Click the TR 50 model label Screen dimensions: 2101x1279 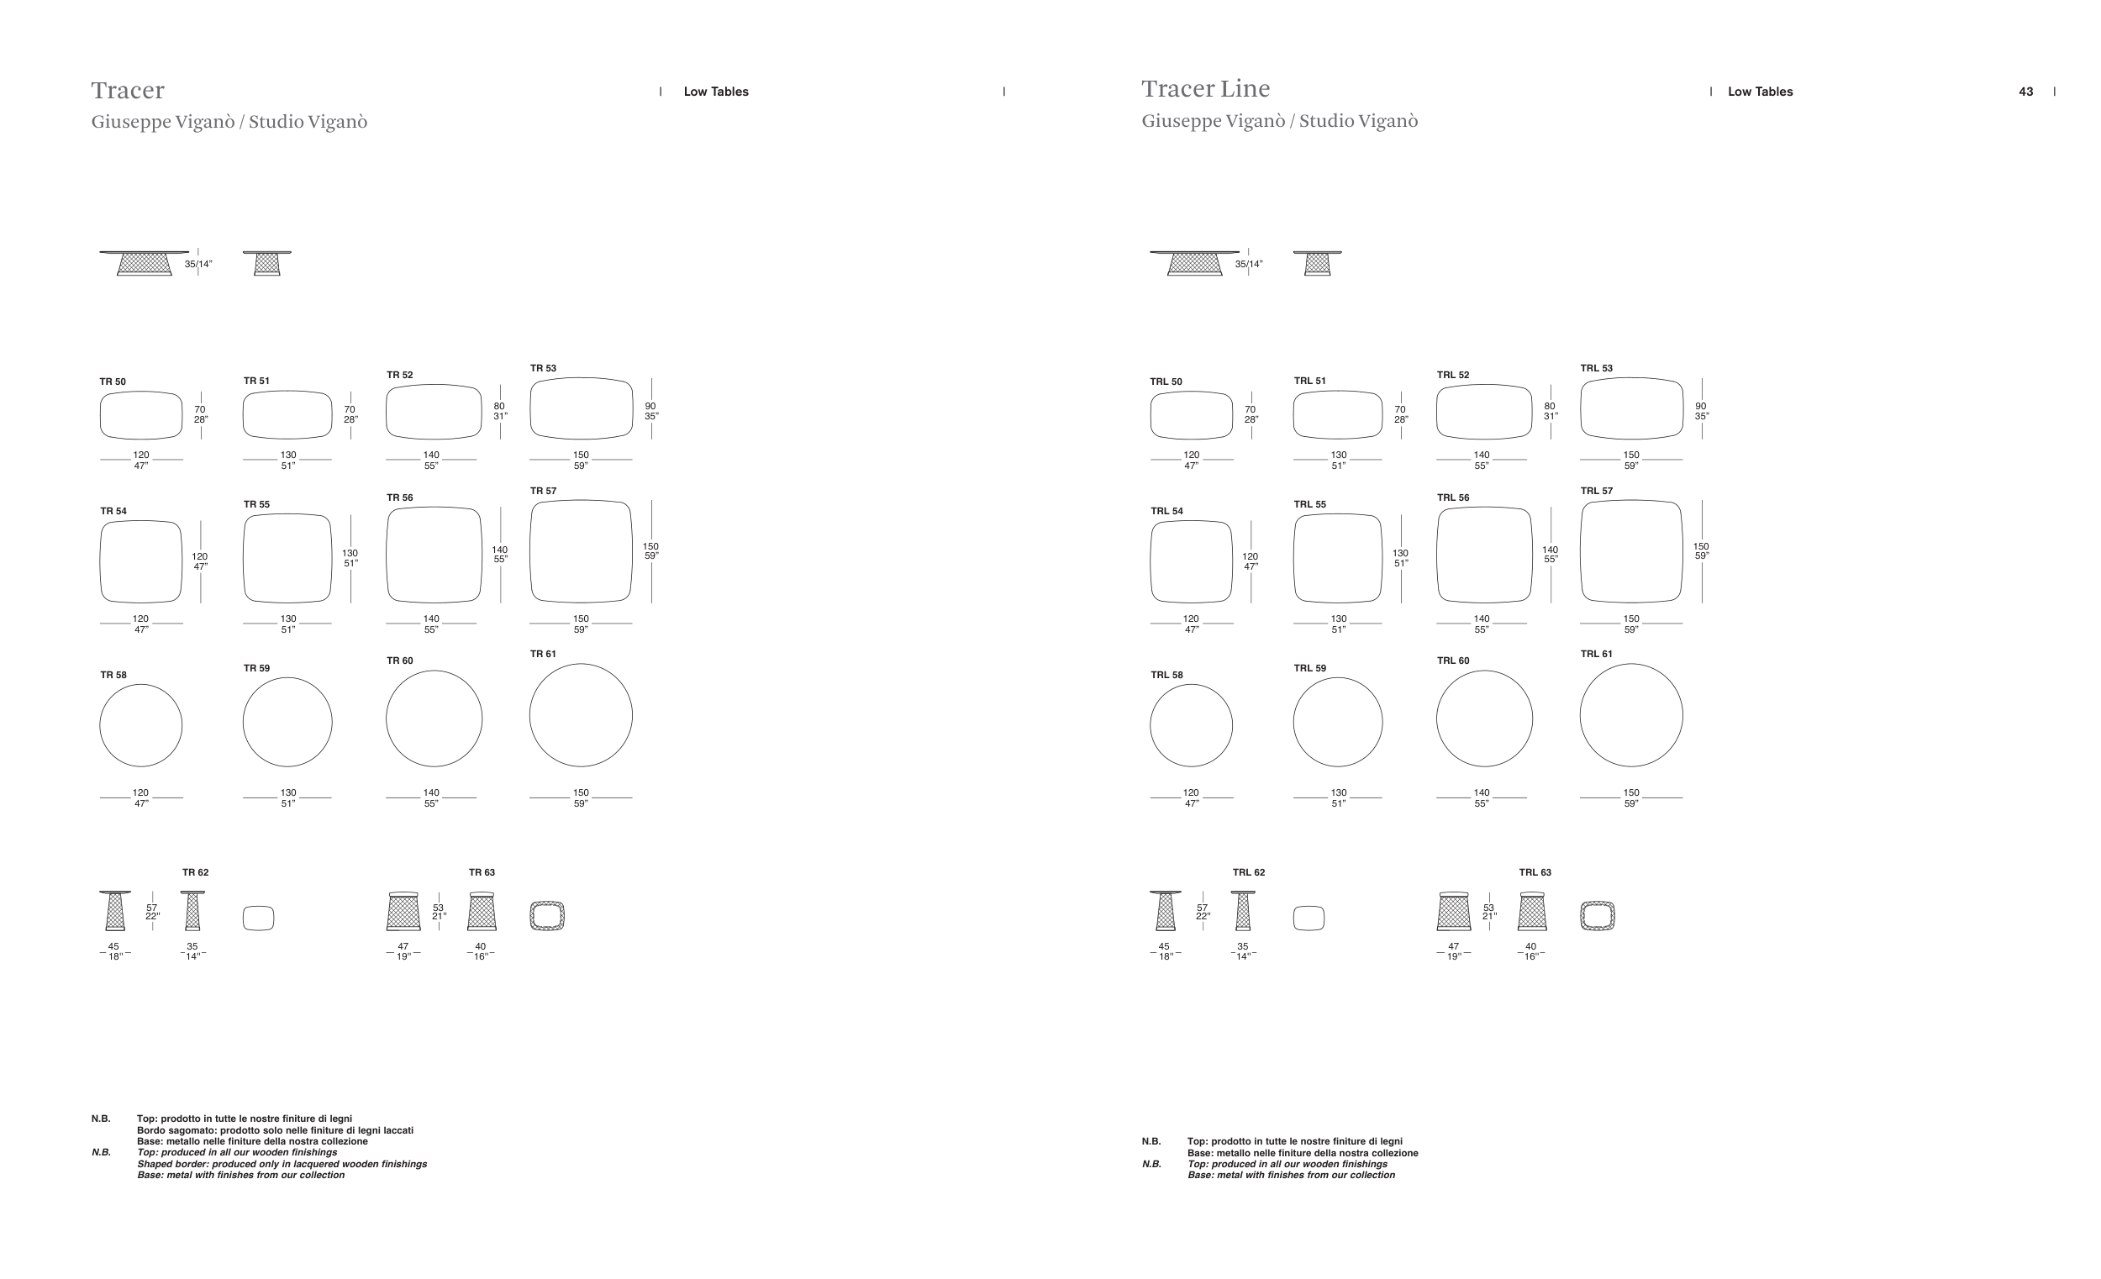click(x=113, y=382)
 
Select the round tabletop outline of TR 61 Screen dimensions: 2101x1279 click(x=581, y=714)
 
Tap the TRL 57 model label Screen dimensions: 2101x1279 click(x=1596, y=491)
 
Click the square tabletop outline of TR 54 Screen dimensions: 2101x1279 click(x=140, y=561)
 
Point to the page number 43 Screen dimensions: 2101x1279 click(x=2026, y=92)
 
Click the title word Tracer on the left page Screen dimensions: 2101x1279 click(x=128, y=91)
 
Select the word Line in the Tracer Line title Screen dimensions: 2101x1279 click(x=1245, y=89)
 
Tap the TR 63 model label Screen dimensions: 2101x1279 click(x=482, y=872)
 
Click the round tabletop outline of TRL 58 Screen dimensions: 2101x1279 click(x=1191, y=724)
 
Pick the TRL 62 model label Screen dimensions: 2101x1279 click(x=1248, y=872)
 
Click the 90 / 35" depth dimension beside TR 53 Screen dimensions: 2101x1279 click(x=650, y=411)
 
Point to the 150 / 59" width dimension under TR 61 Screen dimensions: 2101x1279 click(x=581, y=798)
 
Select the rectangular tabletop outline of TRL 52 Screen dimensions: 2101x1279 click(x=1484, y=412)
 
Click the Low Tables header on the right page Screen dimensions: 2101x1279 click(x=1760, y=92)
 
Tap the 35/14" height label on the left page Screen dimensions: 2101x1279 click(x=198, y=265)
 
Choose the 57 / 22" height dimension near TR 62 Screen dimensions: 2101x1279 click(x=152, y=912)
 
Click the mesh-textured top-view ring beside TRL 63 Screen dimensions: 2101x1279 click(x=1597, y=916)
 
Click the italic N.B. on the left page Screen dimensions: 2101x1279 click(x=102, y=1152)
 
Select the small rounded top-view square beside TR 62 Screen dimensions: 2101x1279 click(x=258, y=918)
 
